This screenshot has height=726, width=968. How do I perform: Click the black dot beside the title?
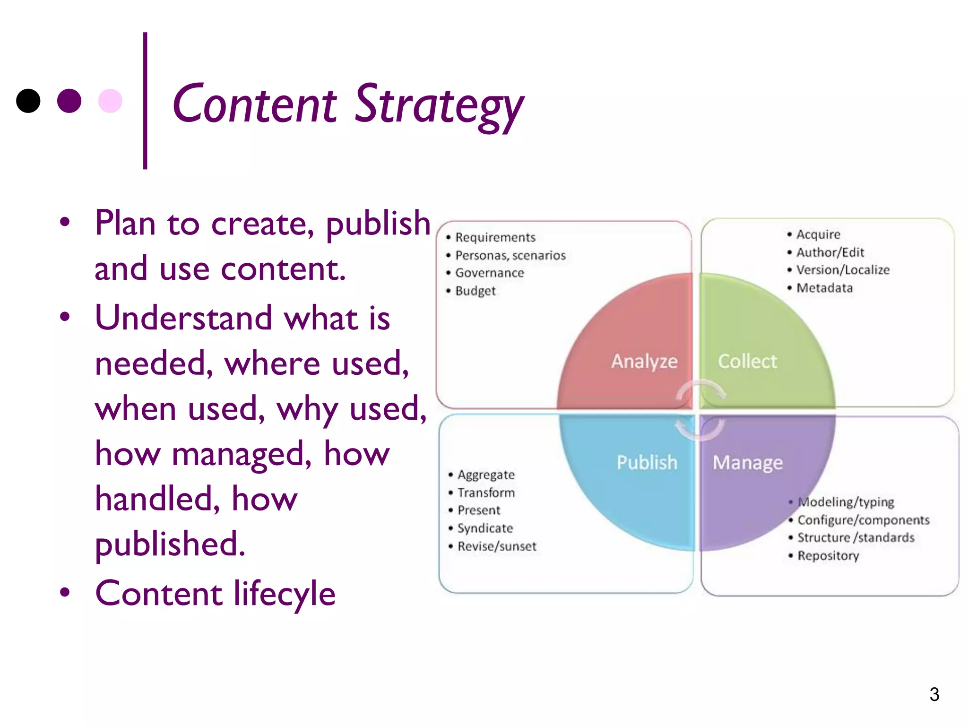(x=28, y=101)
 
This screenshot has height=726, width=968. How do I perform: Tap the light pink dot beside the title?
(x=110, y=101)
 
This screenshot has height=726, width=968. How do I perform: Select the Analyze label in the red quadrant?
(x=644, y=361)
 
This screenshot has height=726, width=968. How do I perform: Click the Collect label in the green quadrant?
(x=747, y=361)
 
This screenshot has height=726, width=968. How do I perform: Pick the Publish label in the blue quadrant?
(x=647, y=462)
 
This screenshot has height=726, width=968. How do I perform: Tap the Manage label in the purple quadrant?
(x=747, y=463)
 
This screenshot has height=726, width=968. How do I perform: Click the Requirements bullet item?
(x=495, y=237)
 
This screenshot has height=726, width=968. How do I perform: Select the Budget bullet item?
(x=475, y=291)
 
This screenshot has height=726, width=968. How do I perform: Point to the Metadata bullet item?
(x=824, y=288)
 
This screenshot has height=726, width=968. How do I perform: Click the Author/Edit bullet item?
(x=830, y=252)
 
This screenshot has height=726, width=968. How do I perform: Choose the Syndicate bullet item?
(x=485, y=528)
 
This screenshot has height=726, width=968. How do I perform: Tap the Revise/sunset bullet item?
(x=497, y=546)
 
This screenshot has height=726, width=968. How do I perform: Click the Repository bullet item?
(x=828, y=556)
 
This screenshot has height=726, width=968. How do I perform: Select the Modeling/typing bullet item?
(x=846, y=502)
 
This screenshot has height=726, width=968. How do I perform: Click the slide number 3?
(x=934, y=694)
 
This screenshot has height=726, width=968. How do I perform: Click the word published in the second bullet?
(x=170, y=544)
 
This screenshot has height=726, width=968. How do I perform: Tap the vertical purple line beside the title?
(x=145, y=100)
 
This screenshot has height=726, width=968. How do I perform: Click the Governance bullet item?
(x=489, y=273)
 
